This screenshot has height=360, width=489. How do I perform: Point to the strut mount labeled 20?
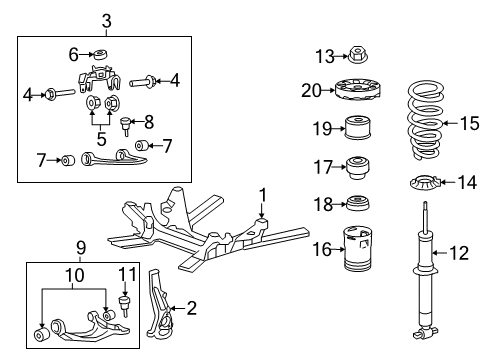tap(358, 92)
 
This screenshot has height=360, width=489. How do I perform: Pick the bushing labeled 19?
tap(358, 129)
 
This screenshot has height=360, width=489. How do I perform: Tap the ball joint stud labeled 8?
tap(125, 127)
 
